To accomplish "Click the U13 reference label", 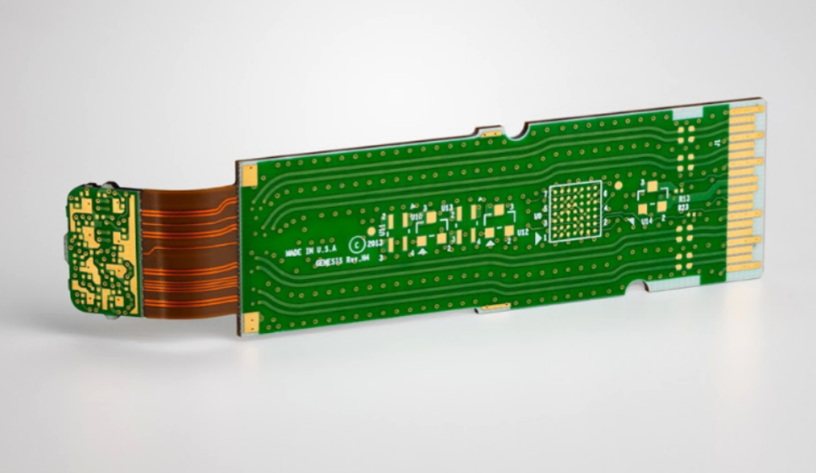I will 447,209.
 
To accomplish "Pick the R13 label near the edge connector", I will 684,197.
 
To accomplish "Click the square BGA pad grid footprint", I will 573,210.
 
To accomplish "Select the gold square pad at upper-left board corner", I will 248,175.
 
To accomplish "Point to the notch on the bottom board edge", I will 636,287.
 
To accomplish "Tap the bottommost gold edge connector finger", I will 743,267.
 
